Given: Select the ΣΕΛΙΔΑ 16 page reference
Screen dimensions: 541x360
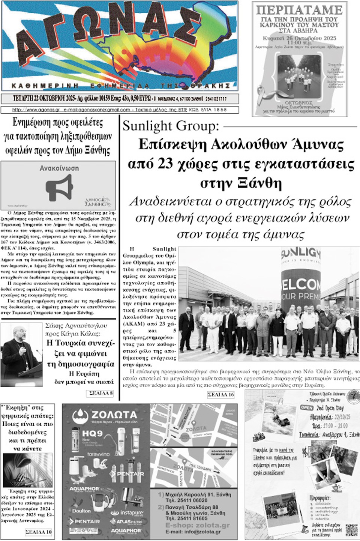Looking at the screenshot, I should [221, 395].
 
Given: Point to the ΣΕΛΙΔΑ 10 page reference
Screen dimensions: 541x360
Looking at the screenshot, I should [39, 532].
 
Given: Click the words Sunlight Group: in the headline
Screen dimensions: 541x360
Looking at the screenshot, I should [171, 126].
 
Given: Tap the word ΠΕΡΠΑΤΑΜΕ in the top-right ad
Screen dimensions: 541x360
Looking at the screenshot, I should [299, 10].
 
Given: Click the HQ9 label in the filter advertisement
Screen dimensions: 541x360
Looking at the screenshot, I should [92, 434].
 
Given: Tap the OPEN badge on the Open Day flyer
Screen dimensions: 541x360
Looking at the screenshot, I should [307, 407].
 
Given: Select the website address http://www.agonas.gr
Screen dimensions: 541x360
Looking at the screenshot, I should [36, 110].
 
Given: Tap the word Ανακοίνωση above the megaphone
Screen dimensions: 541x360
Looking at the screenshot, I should [59, 168].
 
